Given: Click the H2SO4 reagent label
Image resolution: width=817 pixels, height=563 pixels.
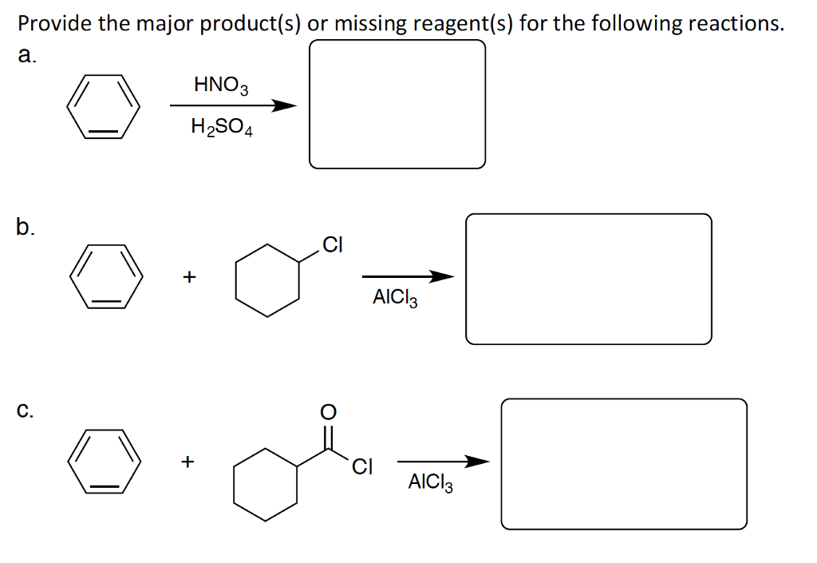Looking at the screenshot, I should pyautogui.click(x=221, y=127).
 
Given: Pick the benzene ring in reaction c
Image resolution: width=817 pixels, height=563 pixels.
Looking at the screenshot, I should pyautogui.click(x=104, y=462).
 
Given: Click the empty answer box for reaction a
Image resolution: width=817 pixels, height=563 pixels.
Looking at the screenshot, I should pyautogui.click(x=397, y=104).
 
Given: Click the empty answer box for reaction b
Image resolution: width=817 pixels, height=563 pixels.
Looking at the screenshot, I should pyautogui.click(x=588, y=279).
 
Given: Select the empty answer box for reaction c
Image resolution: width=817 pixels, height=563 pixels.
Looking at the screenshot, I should pyautogui.click(x=624, y=464).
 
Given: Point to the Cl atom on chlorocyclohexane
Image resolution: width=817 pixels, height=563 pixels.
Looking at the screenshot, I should pyautogui.click(x=332, y=245).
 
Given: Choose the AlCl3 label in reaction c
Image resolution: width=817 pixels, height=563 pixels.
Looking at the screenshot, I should pyautogui.click(x=430, y=482).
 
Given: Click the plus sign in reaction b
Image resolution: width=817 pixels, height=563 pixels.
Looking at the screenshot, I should pyautogui.click(x=188, y=277).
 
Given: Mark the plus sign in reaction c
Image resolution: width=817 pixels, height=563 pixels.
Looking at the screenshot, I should pyautogui.click(x=187, y=462).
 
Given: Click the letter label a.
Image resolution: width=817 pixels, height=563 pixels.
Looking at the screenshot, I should pyautogui.click(x=26, y=54).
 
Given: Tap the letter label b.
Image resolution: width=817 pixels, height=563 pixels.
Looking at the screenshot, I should pyautogui.click(x=26, y=228).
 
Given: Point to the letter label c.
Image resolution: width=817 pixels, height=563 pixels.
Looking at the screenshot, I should pyautogui.click(x=26, y=411).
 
